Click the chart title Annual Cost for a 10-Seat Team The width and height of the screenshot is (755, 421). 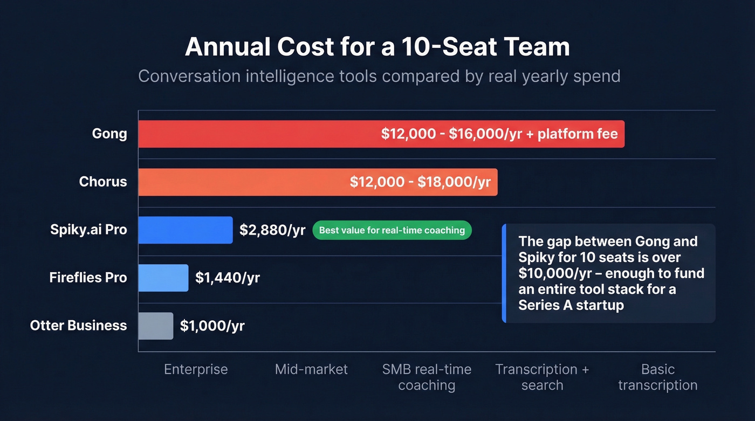coord(377,47)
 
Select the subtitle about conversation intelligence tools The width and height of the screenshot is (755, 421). coord(379,76)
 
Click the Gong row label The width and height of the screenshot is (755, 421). coord(109,134)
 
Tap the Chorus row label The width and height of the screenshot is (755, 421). coord(103,182)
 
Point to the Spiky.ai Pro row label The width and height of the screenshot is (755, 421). coord(88,230)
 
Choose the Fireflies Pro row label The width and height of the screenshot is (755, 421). coord(88,278)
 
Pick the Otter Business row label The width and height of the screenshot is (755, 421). coord(79,326)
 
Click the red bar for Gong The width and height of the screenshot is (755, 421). coord(259,134)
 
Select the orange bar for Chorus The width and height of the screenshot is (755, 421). coord(243,182)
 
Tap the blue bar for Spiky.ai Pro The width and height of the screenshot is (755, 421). coord(185,230)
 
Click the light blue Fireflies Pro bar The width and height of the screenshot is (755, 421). coord(163,278)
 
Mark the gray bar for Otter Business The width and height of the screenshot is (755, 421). coord(155,326)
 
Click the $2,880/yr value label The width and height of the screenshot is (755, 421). coord(272,230)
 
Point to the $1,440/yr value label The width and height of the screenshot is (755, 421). coord(228,278)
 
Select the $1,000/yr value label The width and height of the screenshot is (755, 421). coord(212,326)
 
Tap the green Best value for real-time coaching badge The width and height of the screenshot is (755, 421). coord(392,230)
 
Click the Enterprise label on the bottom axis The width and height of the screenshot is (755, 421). coord(196,369)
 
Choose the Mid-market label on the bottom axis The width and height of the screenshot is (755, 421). coord(311,369)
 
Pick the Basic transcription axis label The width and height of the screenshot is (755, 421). coord(657,377)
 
